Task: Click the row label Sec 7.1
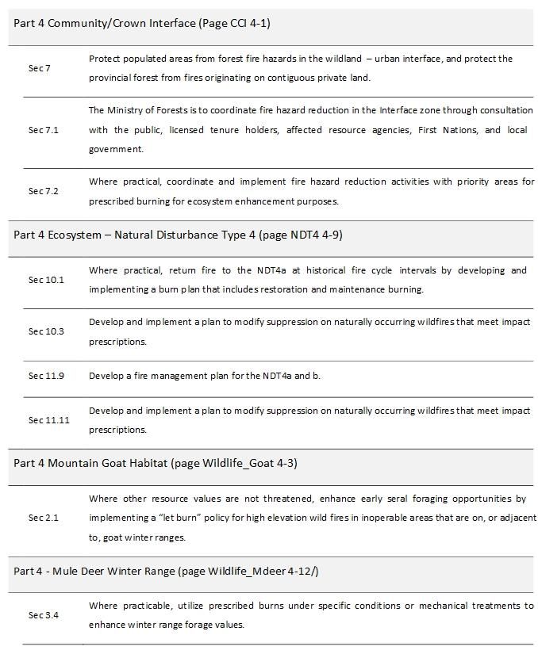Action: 44,130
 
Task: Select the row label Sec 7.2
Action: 44,191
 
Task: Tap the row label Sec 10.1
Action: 46,280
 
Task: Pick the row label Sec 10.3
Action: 46,331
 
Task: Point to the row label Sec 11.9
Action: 46,376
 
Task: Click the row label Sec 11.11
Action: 49,420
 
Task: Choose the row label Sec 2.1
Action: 44,518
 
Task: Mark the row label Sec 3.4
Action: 44,615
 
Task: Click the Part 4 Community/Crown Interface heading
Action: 142,23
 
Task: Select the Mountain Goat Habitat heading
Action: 156,463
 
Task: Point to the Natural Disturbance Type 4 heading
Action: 179,235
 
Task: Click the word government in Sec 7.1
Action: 115,149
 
